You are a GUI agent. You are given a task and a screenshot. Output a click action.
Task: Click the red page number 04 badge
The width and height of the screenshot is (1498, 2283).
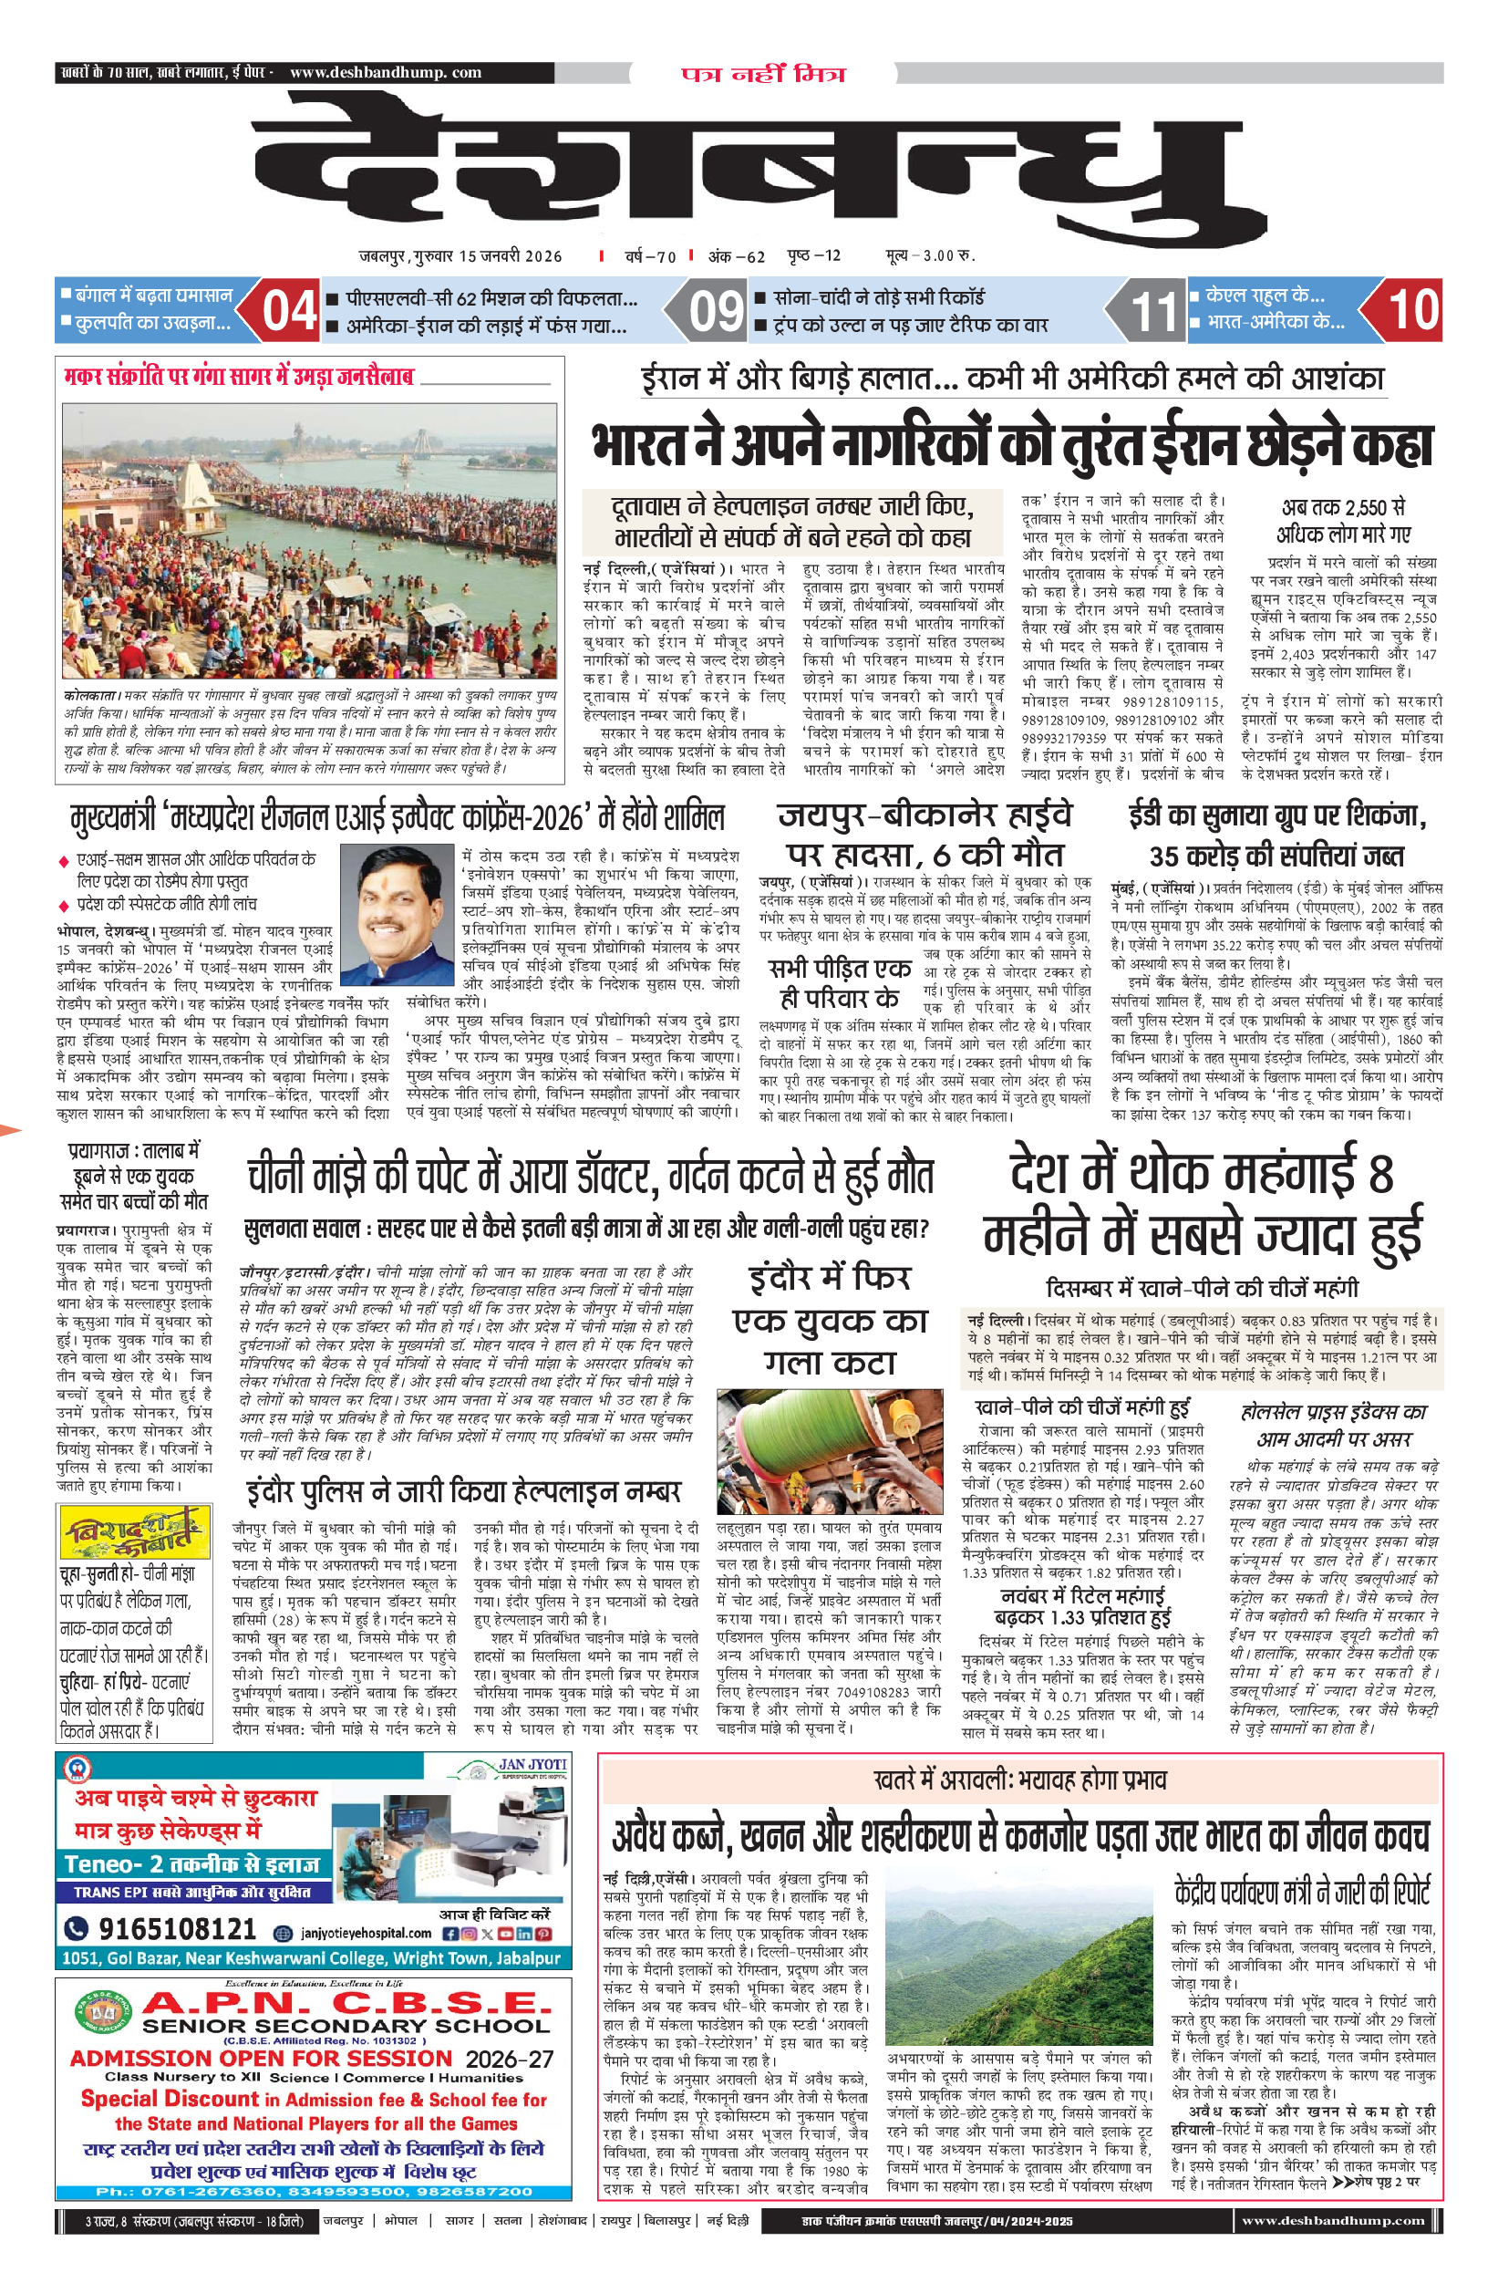289,311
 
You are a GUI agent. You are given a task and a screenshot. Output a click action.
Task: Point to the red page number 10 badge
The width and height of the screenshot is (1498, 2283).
1412,310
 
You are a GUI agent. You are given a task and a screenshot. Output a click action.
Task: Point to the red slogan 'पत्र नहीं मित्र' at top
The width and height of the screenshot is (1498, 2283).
763,74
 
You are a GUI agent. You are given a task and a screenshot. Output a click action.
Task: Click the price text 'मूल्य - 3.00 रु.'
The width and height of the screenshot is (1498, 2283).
929,255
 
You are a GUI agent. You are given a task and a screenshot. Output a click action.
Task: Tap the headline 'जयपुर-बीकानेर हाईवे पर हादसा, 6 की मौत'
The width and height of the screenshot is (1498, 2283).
925,835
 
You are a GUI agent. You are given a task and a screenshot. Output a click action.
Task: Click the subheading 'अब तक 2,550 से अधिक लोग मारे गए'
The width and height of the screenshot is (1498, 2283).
1343,521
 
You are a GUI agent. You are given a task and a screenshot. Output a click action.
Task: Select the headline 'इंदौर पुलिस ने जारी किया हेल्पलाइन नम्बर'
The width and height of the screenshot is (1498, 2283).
463,1491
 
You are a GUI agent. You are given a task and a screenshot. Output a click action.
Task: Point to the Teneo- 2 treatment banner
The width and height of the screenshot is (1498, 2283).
191,1863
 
